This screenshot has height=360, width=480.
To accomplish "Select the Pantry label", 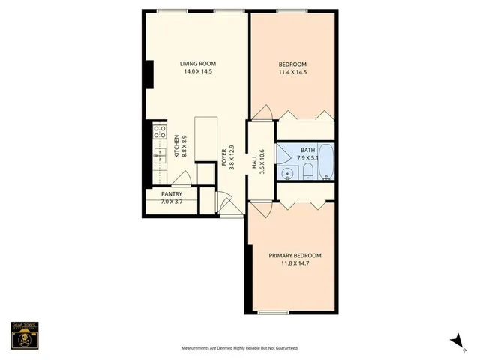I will (x=172, y=194).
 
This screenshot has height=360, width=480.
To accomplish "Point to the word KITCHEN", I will (x=177, y=145).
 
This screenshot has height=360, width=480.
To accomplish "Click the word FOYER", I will (x=223, y=157).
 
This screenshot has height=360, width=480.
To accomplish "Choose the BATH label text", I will (x=307, y=150).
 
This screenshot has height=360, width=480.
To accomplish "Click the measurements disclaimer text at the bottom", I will (x=240, y=348).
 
